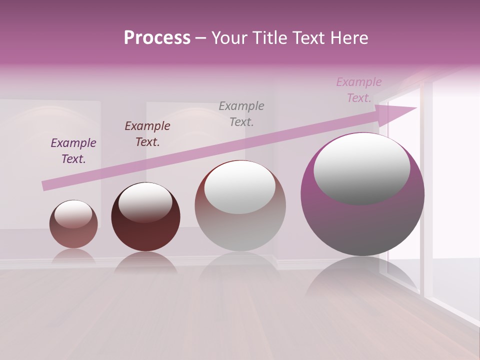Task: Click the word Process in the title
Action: pos(157,38)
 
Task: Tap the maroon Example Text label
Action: pos(147,134)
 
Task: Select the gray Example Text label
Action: pos(241,113)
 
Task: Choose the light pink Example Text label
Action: pos(359,90)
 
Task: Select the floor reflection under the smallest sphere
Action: pos(73,256)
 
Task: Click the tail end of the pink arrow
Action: pos(46,185)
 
